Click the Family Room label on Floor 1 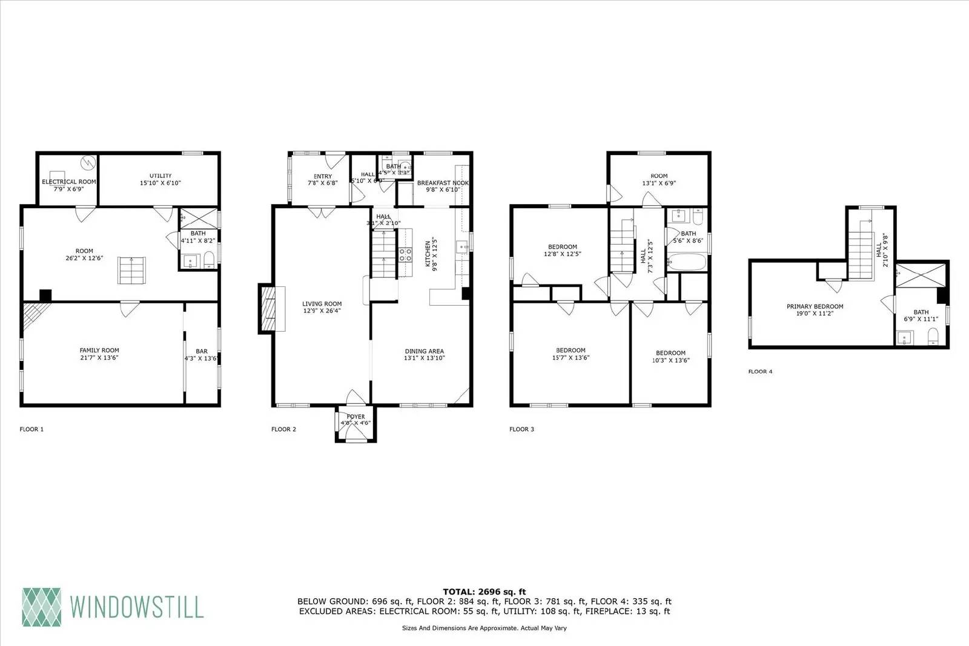(x=99, y=354)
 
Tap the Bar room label (x=201, y=355)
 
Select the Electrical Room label (x=68, y=185)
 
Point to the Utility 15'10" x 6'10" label (x=160, y=179)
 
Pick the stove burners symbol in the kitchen (x=405, y=254)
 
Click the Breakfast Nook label (x=443, y=186)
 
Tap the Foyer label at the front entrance (x=356, y=420)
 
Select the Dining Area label (x=424, y=354)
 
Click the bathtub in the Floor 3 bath (x=687, y=263)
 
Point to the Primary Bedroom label (x=815, y=310)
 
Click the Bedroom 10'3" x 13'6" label (x=670, y=356)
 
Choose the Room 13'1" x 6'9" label (x=659, y=179)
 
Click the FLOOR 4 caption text (x=760, y=372)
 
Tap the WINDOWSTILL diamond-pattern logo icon (x=42, y=607)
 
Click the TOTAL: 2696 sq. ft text (x=484, y=592)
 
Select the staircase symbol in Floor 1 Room (x=132, y=270)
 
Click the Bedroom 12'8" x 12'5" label (x=562, y=250)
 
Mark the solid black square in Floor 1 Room (x=45, y=295)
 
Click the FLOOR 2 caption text (x=283, y=429)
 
